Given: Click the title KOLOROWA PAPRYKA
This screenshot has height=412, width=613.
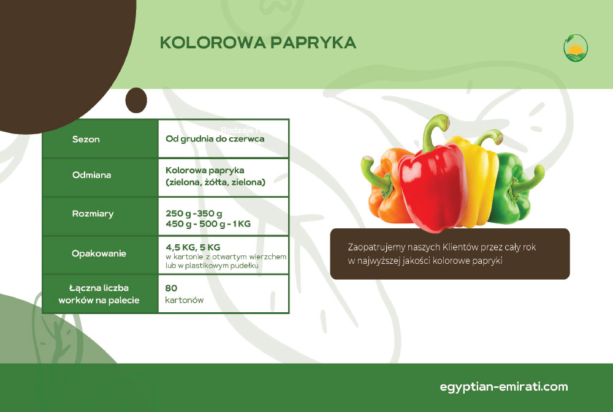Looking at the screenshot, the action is [x=258, y=43].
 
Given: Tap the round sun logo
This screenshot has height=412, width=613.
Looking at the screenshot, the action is [x=576, y=48].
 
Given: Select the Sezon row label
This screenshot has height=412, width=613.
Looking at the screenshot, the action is [x=86, y=139].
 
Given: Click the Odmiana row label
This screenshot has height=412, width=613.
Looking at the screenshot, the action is [x=91, y=174].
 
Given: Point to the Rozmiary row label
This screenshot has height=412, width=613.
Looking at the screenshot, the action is [x=93, y=214].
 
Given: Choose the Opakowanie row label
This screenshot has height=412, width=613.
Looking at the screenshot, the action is [x=99, y=253].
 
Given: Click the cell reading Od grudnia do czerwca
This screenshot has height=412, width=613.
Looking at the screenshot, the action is [x=215, y=138].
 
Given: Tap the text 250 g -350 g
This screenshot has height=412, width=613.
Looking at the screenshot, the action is [x=194, y=213].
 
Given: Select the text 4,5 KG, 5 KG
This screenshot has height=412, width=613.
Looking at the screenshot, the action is [x=193, y=247].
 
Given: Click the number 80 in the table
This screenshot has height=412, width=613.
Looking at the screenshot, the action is [x=171, y=288].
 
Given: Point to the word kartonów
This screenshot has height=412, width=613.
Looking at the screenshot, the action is [x=185, y=300].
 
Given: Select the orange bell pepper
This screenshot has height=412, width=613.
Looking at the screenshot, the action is [x=385, y=187].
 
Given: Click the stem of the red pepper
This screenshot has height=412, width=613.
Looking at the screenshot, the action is [x=432, y=131].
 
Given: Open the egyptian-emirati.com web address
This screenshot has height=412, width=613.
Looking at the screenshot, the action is [x=503, y=387].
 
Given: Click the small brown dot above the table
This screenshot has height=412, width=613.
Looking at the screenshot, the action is [x=136, y=100].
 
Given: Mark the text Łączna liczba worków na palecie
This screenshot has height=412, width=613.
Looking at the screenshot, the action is [x=99, y=294].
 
